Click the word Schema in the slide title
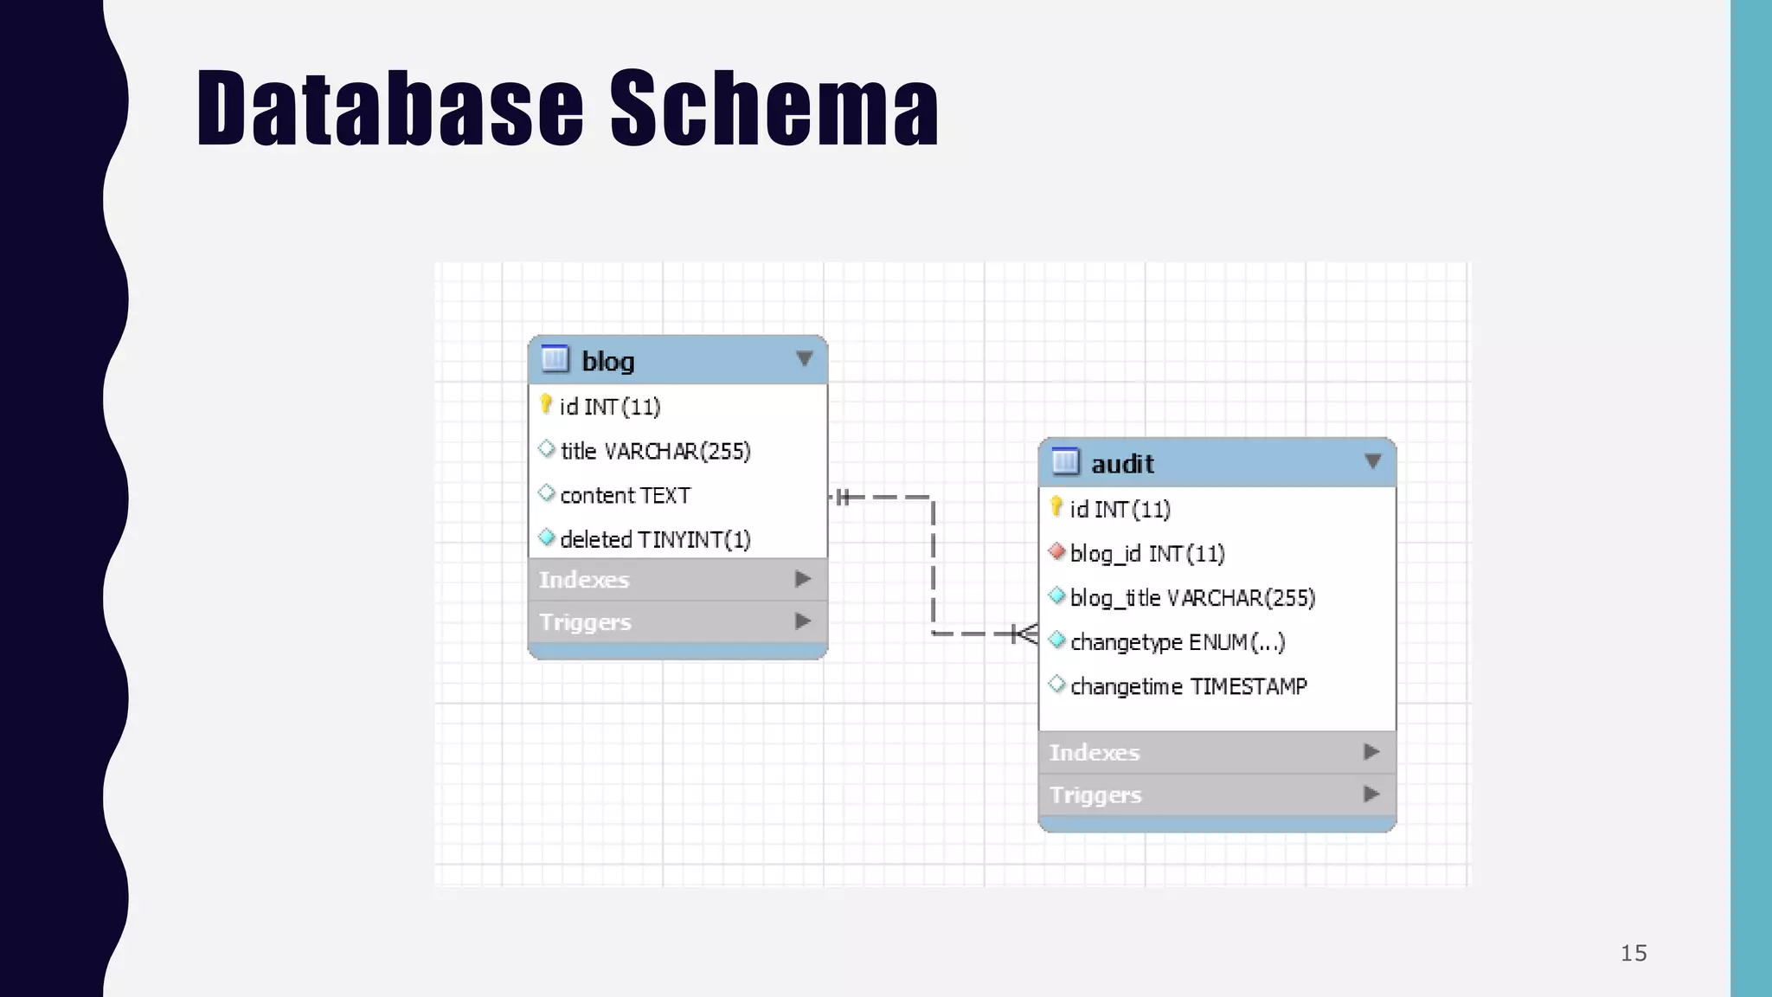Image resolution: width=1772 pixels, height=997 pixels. [x=774, y=108]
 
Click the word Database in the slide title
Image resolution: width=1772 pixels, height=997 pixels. [x=390, y=108]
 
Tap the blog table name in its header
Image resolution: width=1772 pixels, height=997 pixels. [x=607, y=361]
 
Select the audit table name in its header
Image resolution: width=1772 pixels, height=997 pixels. [x=1122, y=464]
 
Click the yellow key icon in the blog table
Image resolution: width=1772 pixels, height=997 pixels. [x=545, y=404]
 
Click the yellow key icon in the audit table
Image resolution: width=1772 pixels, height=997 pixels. [x=1056, y=506]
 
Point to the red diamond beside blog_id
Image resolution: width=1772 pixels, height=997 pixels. [x=1056, y=551]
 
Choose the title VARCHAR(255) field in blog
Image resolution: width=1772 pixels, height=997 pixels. [x=655, y=451]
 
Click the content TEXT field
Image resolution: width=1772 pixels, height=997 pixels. [x=625, y=495]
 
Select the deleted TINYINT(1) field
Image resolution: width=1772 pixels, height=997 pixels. [x=655, y=539]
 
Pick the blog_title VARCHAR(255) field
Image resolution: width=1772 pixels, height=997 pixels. [x=1191, y=598]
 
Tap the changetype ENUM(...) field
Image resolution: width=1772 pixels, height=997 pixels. [x=1177, y=642]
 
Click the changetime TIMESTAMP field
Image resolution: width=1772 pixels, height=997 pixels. [x=1188, y=686]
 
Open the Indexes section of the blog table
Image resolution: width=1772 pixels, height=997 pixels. [x=584, y=579]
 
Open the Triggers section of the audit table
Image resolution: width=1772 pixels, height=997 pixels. [x=1095, y=794]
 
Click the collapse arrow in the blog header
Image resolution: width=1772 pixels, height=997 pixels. [x=804, y=358]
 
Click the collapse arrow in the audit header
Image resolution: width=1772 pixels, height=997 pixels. [x=1372, y=461]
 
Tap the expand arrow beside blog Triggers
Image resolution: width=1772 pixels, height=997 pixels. [x=803, y=621]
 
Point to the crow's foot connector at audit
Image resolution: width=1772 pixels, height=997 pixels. [x=1024, y=634]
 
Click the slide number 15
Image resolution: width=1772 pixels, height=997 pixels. [x=1633, y=953]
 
